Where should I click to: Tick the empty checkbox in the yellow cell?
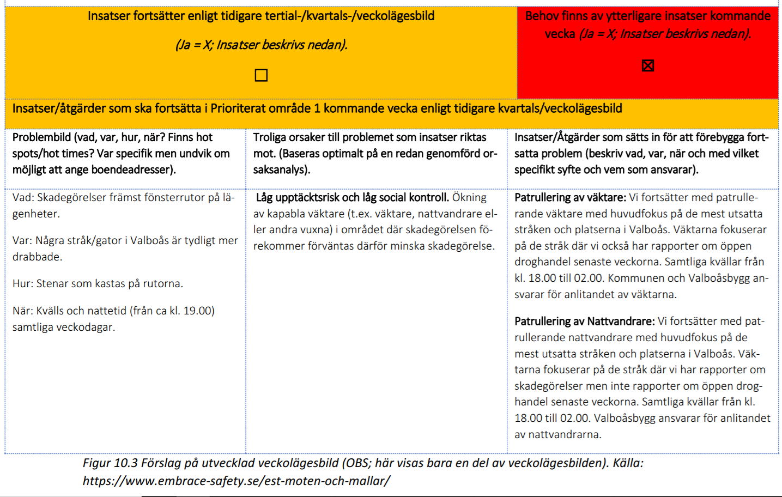(261, 75)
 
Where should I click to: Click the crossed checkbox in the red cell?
(647, 66)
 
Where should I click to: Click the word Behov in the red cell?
(542, 16)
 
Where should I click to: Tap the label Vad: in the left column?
(23, 197)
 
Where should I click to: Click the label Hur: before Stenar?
(23, 283)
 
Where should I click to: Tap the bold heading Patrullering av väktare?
(570, 197)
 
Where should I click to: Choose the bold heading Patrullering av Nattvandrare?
(584, 321)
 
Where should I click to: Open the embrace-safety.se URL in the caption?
(236, 481)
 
